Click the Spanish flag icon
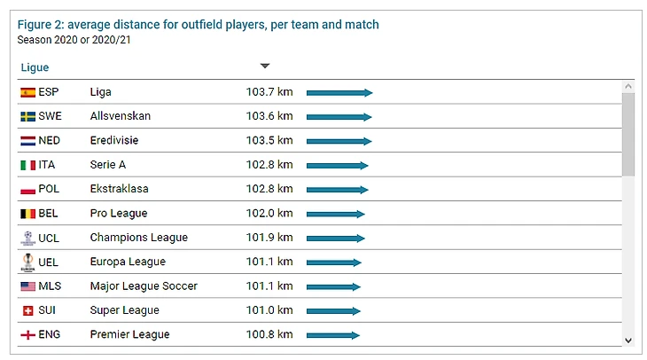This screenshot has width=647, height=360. click(x=27, y=92)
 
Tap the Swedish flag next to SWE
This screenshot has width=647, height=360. click(x=27, y=116)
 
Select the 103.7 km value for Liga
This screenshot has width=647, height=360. click(x=269, y=92)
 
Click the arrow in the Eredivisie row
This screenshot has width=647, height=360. click(x=339, y=141)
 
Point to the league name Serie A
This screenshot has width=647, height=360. click(x=108, y=165)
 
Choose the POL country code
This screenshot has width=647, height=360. click(x=49, y=189)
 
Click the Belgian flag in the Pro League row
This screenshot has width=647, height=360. click(x=27, y=214)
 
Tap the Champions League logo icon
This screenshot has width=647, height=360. click(x=27, y=238)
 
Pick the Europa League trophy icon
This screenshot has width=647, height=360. click(x=27, y=262)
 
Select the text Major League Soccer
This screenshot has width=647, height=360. click(x=144, y=286)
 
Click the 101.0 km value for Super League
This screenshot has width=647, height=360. click(x=269, y=310)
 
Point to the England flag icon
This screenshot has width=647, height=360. click(x=27, y=334)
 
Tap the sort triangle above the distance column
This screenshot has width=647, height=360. click(x=264, y=66)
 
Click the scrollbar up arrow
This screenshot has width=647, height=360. click(x=628, y=87)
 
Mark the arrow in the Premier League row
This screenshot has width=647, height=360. click(x=332, y=335)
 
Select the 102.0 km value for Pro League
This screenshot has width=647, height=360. click(x=269, y=214)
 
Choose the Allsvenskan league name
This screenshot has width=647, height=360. click(x=121, y=116)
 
